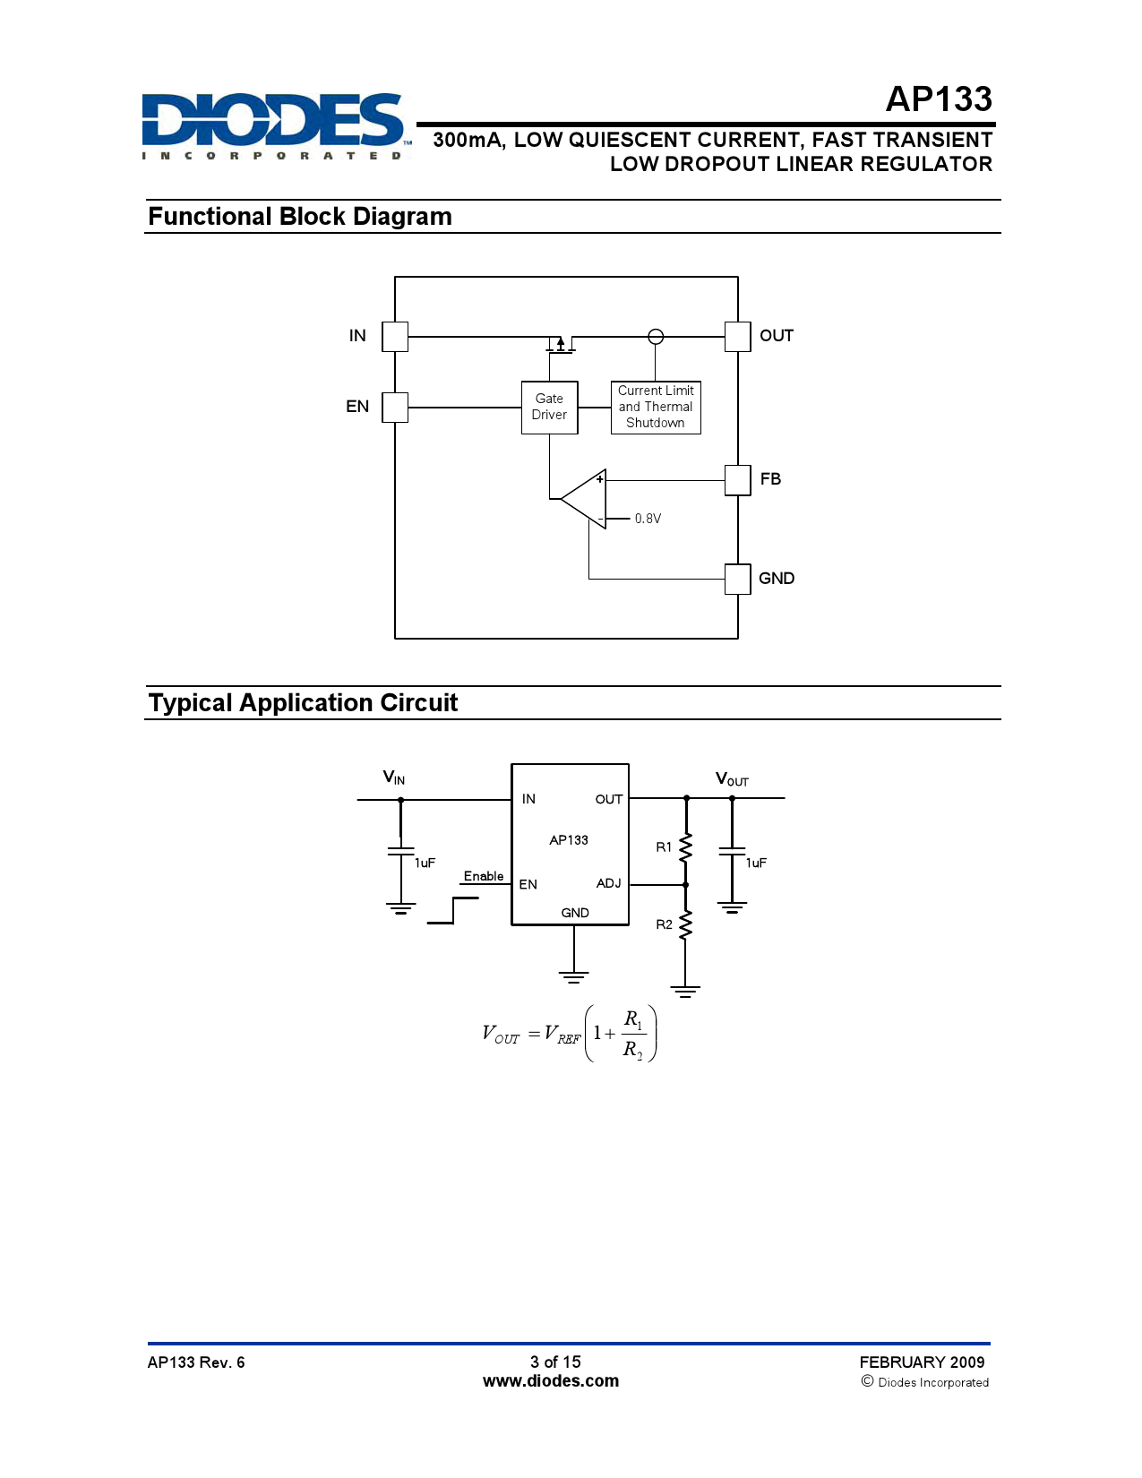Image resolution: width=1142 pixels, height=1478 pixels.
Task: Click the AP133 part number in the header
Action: coord(938,99)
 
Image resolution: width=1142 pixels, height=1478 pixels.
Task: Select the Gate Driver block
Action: coord(549,408)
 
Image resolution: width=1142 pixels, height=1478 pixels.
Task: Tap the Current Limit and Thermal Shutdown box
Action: coord(656,408)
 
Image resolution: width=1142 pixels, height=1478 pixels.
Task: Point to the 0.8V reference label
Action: coord(648,519)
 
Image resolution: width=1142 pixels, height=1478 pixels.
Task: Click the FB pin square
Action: coord(737,479)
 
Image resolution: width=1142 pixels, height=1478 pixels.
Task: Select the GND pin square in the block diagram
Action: coord(737,579)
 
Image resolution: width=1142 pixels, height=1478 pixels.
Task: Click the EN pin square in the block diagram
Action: coord(395,407)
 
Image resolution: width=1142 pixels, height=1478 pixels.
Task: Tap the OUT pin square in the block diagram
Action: coord(737,337)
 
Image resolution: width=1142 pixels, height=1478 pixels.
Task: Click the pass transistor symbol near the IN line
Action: coord(561,343)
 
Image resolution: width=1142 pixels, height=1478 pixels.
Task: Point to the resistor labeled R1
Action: coord(685,847)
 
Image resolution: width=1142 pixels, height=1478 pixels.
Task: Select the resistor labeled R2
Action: coord(685,925)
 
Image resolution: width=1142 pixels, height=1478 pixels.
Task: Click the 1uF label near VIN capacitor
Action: coord(425,863)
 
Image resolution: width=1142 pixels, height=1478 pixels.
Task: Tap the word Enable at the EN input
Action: coord(484,876)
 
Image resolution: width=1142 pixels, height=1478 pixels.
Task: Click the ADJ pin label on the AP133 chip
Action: coord(608,883)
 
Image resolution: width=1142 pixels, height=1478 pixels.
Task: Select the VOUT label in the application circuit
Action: coord(732,779)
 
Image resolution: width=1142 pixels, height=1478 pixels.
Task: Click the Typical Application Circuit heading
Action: coord(303,703)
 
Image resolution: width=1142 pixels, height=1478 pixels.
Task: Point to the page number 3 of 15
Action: coord(555,1362)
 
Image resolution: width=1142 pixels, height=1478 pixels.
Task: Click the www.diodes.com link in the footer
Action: coord(550,1381)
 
